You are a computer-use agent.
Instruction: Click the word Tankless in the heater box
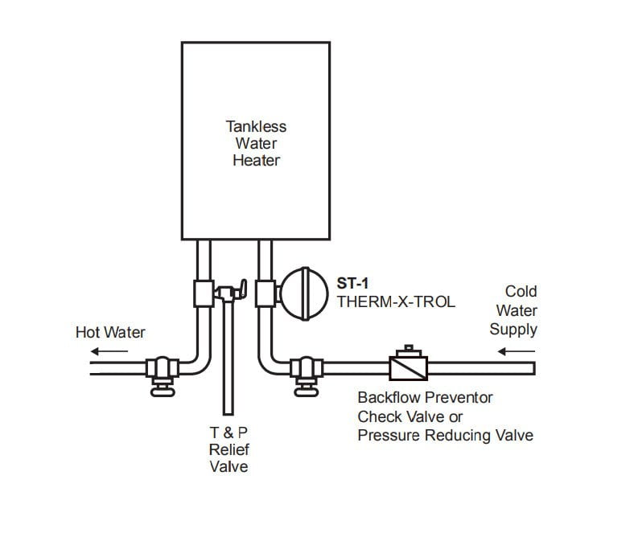pyautogui.click(x=256, y=126)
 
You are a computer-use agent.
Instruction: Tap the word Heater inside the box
pyautogui.click(x=256, y=160)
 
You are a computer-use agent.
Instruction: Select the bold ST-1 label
pyautogui.click(x=352, y=284)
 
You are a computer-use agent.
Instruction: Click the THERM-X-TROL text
pyautogui.click(x=397, y=302)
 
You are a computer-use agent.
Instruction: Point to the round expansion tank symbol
pyautogui.click(x=302, y=291)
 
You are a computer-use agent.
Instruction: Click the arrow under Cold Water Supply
pyautogui.click(x=508, y=350)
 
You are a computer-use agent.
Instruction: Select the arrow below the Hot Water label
pyautogui.click(x=100, y=350)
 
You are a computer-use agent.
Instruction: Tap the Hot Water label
pyautogui.click(x=110, y=332)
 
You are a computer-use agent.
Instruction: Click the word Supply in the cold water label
pyautogui.click(x=513, y=329)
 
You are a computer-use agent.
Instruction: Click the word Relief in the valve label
pyautogui.click(x=229, y=450)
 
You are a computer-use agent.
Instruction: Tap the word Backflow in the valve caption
pyautogui.click(x=385, y=398)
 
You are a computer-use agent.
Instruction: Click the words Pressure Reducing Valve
pyautogui.click(x=445, y=435)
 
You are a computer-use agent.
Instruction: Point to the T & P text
pyautogui.click(x=228, y=433)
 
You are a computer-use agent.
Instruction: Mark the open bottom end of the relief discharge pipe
pyautogui.click(x=227, y=415)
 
